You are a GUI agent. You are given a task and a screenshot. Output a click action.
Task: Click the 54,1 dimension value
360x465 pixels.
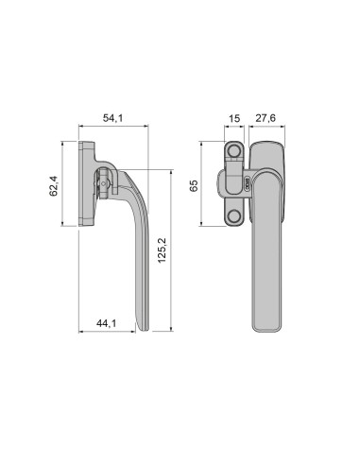113,118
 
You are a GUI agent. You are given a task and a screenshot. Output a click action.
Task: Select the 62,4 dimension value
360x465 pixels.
54,186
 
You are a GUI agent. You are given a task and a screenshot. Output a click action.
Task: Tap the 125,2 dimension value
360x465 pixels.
162,250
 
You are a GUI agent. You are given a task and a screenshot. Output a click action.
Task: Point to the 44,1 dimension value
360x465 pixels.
106,323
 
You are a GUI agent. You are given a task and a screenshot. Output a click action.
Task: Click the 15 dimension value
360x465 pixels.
234,118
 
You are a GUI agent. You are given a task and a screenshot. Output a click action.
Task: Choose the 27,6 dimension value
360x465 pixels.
266,118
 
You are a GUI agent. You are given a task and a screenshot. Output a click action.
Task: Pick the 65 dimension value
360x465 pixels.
194,185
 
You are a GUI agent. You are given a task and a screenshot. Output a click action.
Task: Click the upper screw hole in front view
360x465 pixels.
233,151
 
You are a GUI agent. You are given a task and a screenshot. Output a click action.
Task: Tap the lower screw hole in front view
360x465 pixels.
233,216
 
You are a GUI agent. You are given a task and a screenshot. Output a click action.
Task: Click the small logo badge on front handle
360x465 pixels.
247,184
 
